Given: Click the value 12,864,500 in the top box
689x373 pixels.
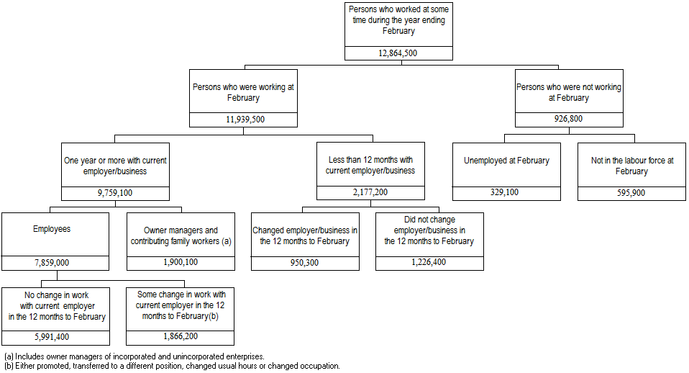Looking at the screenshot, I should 398,53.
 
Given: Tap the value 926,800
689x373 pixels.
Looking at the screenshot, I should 568,120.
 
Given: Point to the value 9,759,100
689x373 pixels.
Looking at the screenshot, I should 115,193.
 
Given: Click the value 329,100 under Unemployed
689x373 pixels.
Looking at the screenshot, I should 506,193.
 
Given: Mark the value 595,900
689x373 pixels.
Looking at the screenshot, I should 631,193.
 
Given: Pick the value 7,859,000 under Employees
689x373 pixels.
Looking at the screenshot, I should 55,263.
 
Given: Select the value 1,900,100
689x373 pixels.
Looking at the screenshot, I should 181,263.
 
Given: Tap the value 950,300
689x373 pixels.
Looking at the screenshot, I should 305,263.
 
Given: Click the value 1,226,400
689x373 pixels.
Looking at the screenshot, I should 429,263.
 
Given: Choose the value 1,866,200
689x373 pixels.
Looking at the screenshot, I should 181,337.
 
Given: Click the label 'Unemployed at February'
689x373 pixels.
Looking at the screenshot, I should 506,161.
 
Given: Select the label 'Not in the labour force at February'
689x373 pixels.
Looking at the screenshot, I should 631,166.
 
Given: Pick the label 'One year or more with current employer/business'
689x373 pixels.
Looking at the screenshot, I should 115,166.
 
